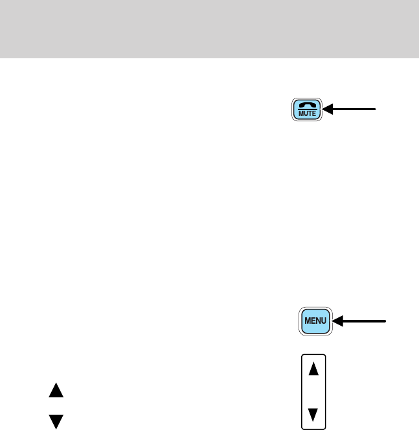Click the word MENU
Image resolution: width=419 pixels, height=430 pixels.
click(x=315, y=321)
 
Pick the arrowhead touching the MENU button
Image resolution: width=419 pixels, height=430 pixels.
click(x=337, y=321)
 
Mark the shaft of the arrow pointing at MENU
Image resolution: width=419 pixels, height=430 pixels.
click(x=363, y=321)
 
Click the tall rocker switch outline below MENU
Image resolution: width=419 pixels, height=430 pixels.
click(x=314, y=391)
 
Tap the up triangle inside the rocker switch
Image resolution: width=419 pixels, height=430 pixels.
click(x=314, y=369)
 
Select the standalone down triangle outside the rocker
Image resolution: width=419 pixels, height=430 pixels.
click(x=56, y=422)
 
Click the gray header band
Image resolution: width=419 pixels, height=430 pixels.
click(x=209, y=28)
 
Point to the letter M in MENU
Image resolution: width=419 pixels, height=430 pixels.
click(x=307, y=321)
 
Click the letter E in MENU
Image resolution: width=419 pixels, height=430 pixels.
click(x=313, y=321)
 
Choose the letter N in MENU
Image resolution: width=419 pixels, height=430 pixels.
click(x=318, y=321)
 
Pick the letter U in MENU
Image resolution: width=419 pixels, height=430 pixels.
click(x=324, y=321)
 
